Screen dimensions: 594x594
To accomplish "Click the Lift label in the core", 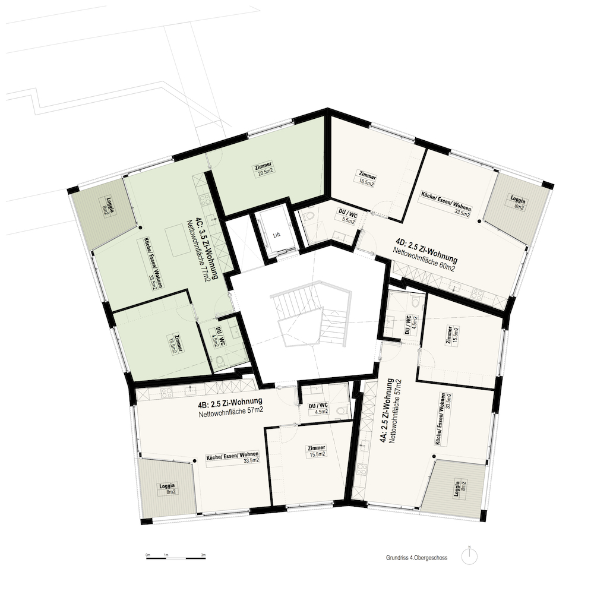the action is point(277,235).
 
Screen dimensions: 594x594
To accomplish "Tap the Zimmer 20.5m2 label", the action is point(264,168).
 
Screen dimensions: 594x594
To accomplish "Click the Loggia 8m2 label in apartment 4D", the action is point(517,203).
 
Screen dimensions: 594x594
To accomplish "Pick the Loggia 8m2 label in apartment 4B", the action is point(167,488).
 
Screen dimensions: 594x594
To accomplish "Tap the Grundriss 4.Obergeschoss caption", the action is point(417,558).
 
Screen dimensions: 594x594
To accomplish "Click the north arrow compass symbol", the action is point(469,556).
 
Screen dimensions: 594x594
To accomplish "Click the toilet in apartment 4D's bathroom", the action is point(309,217).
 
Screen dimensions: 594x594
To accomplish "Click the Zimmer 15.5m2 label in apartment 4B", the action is point(317,451).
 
